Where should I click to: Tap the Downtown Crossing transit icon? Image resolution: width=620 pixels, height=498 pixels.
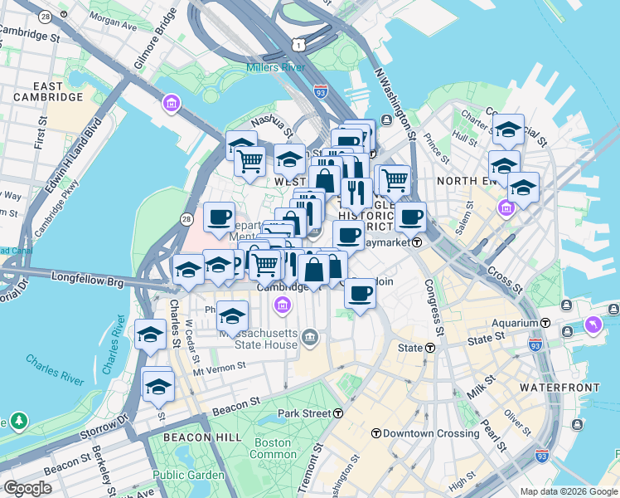tap(375, 433)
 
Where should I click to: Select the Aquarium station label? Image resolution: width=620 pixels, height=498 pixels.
tap(514, 322)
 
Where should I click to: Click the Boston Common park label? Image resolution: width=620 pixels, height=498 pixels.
tap(273, 448)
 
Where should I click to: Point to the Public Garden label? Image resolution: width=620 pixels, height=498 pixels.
tap(188, 475)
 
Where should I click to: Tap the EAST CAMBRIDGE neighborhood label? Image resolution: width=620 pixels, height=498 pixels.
tap(48, 91)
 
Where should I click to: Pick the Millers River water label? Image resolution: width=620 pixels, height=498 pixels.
tap(276, 67)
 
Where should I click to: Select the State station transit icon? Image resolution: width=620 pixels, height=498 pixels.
tap(430, 349)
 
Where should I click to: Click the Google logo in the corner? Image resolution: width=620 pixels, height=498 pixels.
tap(27, 488)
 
